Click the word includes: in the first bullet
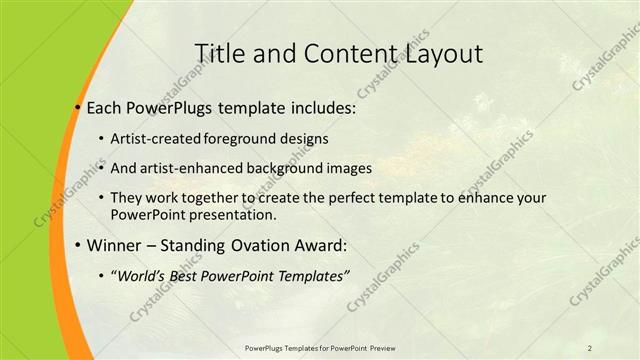[x=320, y=107]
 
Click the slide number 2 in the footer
[x=590, y=347]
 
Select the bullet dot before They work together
[x=102, y=199]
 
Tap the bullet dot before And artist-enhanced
[x=102, y=168]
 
